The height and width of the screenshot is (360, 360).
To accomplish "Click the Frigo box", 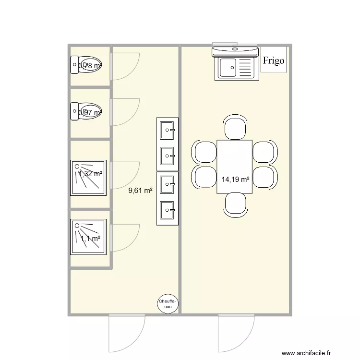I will click(274, 60).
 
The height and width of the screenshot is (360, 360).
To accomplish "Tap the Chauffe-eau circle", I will click(168, 303).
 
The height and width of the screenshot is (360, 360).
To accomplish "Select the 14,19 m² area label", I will click(235, 180).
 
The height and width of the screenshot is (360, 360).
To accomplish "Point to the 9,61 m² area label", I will click(140, 191).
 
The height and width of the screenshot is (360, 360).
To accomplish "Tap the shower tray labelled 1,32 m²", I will click(88, 177).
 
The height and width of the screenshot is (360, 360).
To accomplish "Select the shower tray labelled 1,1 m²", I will click(88, 237).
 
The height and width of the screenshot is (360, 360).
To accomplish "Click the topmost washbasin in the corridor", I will click(168, 129).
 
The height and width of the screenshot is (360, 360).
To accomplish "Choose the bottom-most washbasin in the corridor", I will click(168, 209).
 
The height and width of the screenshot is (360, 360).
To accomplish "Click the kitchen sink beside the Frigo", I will click(235, 67).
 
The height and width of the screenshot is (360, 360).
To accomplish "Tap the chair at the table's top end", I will click(235, 128).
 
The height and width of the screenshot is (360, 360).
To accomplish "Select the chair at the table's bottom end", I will click(235, 204).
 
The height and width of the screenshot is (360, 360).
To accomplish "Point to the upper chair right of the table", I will click(264, 152).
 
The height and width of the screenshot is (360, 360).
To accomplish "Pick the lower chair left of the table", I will click(204, 176).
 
